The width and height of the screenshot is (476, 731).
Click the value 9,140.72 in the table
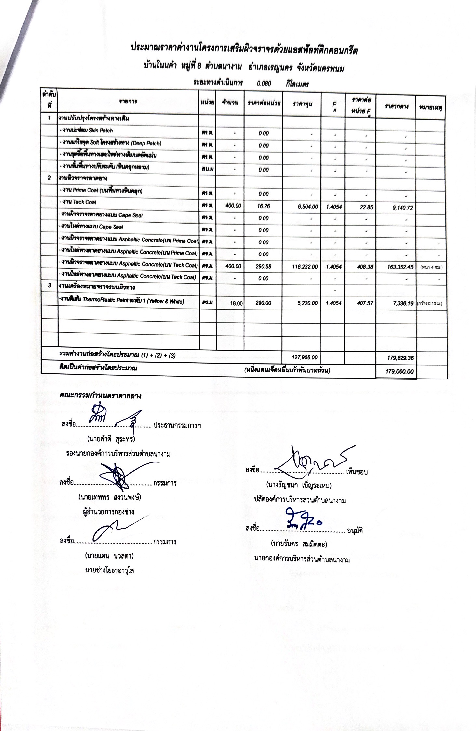point(403,208)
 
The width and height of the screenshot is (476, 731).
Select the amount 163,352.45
point(400,267)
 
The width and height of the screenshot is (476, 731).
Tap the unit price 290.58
point(263,266)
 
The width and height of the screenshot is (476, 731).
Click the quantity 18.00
point(236,303)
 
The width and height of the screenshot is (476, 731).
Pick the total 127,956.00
point(304,357)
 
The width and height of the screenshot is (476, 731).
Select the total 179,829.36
point(400,358)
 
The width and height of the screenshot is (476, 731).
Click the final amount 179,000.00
point(399,371)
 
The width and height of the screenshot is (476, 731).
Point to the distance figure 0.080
point(264,83)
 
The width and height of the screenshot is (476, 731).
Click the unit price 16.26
point(263,206)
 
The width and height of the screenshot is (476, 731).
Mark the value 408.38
point(365,267)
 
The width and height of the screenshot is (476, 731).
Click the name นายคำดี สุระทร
point(111,439)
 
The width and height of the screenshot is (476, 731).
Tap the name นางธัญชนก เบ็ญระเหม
point(299,485)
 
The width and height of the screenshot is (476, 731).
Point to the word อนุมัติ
point(355,531)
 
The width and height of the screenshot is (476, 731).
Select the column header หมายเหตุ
point(430,107)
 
